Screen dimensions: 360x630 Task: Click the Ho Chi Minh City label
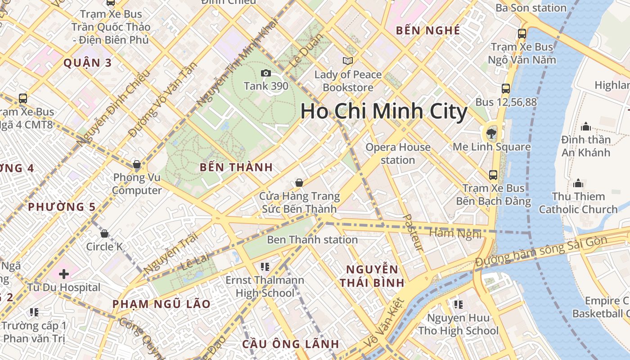coord(384,112)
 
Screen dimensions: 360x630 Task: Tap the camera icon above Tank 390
coord(266,73)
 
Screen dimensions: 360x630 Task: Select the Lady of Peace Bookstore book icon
coord(347,61)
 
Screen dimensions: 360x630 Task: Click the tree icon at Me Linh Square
coord(491,133)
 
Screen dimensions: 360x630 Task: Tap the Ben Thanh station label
coord(312,239)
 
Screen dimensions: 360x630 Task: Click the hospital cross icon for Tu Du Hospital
coord(64,274)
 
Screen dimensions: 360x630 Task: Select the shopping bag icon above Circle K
coord(104,233)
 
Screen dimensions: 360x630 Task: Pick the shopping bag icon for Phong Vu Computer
coord(137,164)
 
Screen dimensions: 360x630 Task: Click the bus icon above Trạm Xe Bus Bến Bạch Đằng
coord(493,175)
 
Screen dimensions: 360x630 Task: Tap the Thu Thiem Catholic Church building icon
coord(578,183)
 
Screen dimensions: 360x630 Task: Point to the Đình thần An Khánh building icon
coord(586,126)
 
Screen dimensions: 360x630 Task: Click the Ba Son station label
coord(531,8)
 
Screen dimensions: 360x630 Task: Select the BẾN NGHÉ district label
coord(427,31)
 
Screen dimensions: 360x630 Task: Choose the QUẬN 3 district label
coord(87,63)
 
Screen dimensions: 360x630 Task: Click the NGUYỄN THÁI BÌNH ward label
coord(372,276)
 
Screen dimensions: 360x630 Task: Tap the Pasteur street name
coord(413,232)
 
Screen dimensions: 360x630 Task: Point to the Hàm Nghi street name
coord(455,233)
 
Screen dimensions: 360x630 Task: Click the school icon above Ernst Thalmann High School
coord(265,266)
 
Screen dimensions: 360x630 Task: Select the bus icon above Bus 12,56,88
coord(506,88)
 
